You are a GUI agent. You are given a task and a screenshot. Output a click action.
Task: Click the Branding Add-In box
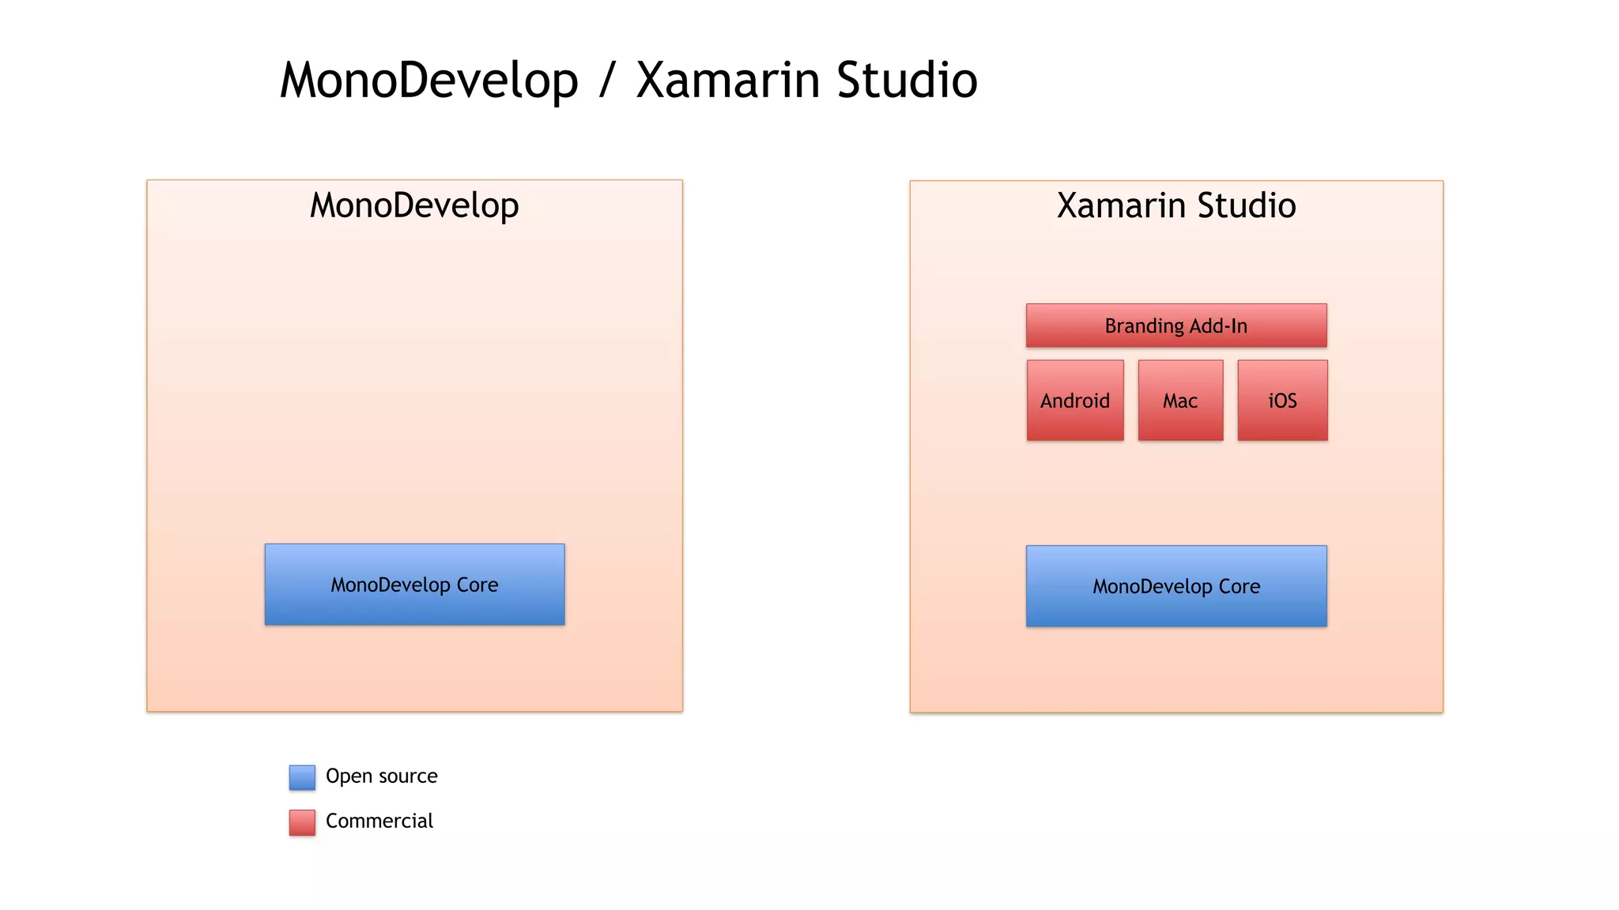[x=1176, y=325]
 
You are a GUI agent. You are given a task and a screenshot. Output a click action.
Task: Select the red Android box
[x=1075, y=400]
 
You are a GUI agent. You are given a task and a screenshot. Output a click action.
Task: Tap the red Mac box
[x=1180, y=400]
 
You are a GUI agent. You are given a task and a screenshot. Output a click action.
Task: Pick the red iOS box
[x=1282, y=400]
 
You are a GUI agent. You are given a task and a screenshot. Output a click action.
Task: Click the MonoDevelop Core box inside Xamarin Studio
[x=1176, y=586]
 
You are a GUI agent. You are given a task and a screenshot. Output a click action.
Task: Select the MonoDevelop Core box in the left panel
[x=414, y=585]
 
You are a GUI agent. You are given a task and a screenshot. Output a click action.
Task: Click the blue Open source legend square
[x=302, y=777]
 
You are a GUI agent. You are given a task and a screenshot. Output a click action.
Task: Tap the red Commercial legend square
[x=302, y=822]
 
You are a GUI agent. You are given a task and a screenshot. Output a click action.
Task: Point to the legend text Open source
[x=381, y=777]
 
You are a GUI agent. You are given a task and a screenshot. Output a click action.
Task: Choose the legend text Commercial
[x=379, y=822]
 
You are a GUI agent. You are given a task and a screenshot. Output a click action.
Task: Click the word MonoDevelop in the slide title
[x=429, y=81]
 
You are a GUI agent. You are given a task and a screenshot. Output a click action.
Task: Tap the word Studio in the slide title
[x=907, y=81]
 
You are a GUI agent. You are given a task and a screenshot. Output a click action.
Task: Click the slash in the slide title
[x=607, y=81]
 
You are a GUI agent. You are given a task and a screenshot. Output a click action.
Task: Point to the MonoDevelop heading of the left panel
[x=414, y=205]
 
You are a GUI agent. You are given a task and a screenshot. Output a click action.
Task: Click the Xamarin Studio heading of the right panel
[x=1176, y=205]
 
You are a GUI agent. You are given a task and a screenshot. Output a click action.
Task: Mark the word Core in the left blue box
[x=477, y=585]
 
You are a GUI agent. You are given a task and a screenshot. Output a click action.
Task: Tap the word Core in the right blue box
[x=1240, y=586]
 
